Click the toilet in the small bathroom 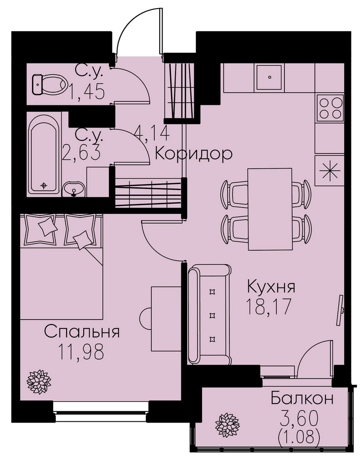tap(49, 84)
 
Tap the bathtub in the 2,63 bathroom tap(44, 158)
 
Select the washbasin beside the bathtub tap(74, 189)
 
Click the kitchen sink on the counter tap(270, 77)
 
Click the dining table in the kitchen tap(270, 209)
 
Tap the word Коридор tap(193, 153)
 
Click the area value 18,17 tap(269, 307)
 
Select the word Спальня tap(82, 332)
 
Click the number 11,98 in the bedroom tap(81, 351)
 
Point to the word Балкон tap(302, 399)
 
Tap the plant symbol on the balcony tap(227, 425)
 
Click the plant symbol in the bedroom tap(39, 382)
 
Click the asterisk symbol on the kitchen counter tap(329, 171)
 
